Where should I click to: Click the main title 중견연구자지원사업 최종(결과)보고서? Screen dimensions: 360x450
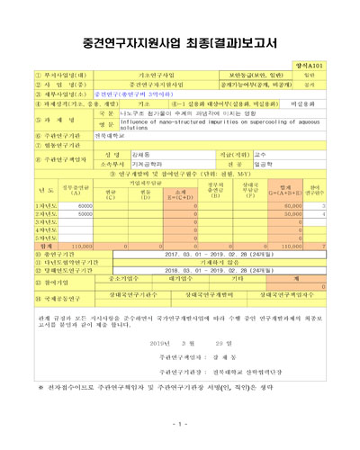[x=180, y=41]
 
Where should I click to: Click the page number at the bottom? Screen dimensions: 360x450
[x=180, y=423]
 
